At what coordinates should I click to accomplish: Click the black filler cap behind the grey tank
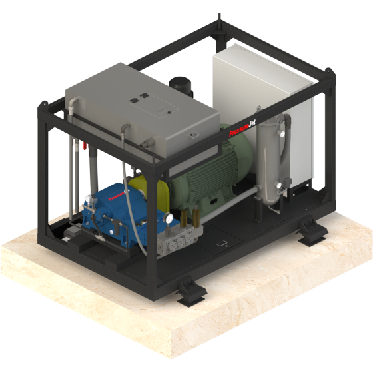pos(181,85)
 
